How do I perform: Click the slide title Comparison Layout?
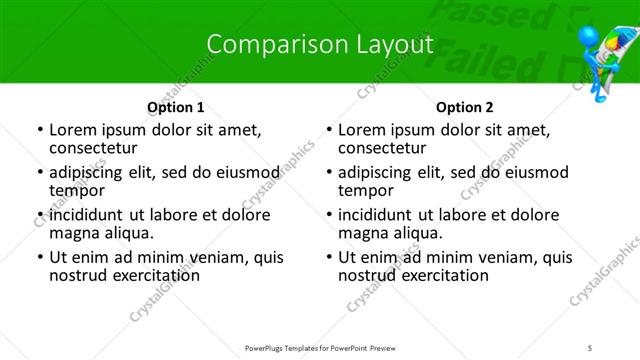[x=319, y=44]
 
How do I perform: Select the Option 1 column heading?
[x=175, y=107]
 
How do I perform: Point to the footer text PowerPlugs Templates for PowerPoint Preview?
[x=319, y=348]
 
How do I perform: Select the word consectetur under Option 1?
[x=92, y=149]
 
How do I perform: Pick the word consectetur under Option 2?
[x=381, y=149]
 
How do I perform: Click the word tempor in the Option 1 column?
[x=77, y=191]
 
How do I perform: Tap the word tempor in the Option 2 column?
[x=366, y=191]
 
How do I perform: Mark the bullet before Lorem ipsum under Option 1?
[x=40, y=130]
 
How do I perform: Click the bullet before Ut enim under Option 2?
[x=329, y=257]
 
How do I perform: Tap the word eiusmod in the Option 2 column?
[x=536, y=172]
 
